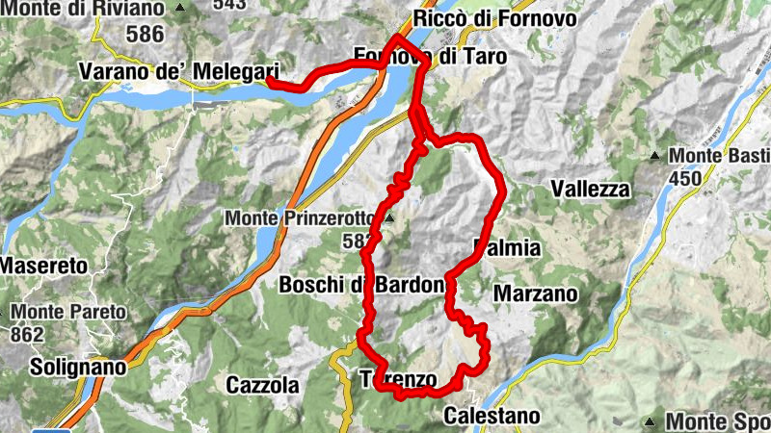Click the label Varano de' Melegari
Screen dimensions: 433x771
[x=178, y=71]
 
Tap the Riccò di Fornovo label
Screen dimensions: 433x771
[x=493, y=18]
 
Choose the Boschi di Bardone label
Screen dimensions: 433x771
[x=361, y=285]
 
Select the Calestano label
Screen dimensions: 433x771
[x=492, y=416]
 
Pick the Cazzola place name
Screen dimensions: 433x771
[x=262, y=386]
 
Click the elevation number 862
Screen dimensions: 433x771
[x=28, y=335]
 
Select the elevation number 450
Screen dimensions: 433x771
[x=685, y=178]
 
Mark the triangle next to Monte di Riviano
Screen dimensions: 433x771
[x=180, y=8]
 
